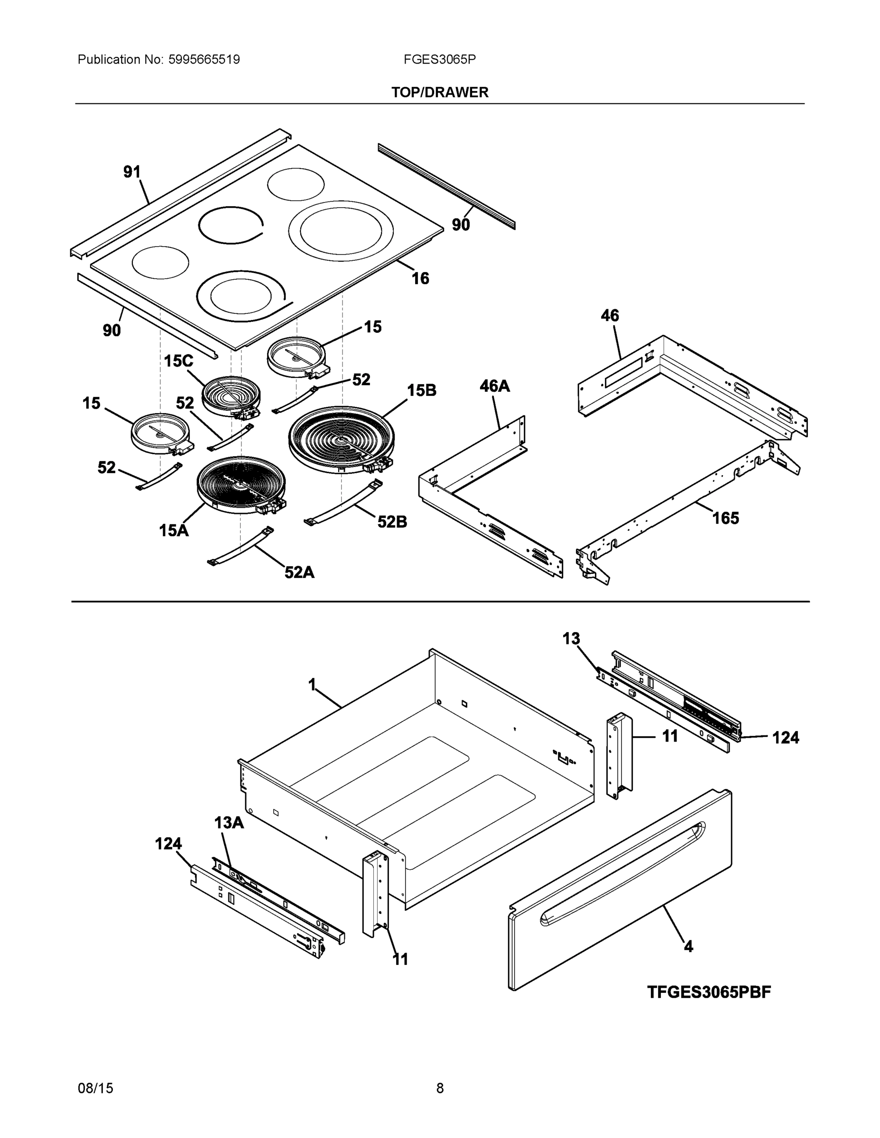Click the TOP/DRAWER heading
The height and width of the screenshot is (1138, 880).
point(439,92)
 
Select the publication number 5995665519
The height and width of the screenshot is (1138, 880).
point(204,59)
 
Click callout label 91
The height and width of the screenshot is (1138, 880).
point(132,172)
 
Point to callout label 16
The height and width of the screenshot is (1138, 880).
point(420,279)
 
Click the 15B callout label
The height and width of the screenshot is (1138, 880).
point(421,390)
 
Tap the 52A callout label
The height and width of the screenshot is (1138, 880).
point(299,573)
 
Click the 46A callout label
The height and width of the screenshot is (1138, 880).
point(494,386)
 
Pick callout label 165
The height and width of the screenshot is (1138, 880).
point(726,518)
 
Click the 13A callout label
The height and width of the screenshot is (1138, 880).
point(229,823)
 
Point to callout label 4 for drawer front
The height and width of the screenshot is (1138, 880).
point(688,947)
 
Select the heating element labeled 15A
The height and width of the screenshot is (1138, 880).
point(241,485)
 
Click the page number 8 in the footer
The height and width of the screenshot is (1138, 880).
point(439,1088)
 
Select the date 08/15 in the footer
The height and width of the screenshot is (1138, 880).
point(95,1088)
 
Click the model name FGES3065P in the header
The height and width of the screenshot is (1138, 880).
point(439,59)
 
